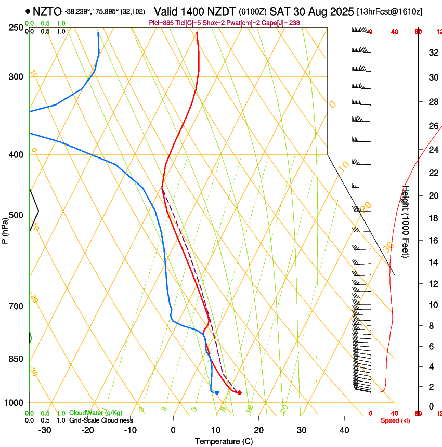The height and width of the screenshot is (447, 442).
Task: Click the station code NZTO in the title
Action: point(47,11)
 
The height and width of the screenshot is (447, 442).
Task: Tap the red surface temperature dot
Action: point(239,392)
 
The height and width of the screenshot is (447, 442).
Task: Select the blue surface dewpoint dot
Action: point(217,392)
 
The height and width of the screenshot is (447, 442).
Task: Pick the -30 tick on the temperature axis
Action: point(45,430)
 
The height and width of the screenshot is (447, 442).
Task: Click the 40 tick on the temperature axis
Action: point(344,430)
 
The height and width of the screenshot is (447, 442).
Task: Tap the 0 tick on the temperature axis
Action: point(173,430)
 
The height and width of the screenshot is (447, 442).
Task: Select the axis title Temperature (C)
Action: point(224,441)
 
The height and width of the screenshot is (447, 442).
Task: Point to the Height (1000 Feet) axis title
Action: point(406,221)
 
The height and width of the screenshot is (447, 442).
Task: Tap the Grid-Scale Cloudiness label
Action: point(101,420)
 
